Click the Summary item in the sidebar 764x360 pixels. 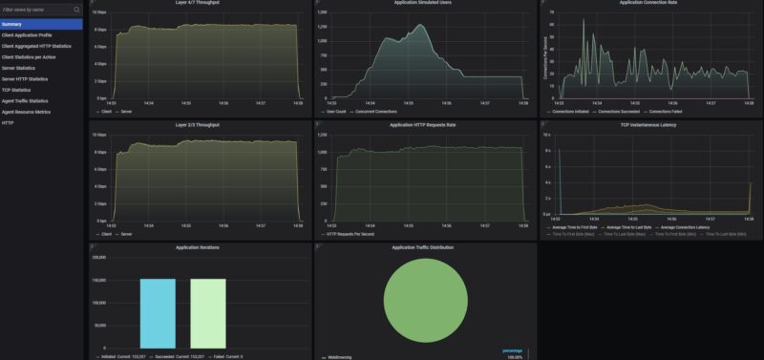[x=12, y=24]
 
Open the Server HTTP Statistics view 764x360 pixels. [x=25, y=78]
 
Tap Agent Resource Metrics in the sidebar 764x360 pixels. [x=25, y=112]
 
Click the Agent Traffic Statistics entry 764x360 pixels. [x=25, y=100]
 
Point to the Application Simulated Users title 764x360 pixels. [x=424, y=3]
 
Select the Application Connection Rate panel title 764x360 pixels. [x=648, y=3]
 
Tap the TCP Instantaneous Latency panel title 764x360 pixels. [x=648, y=123]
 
